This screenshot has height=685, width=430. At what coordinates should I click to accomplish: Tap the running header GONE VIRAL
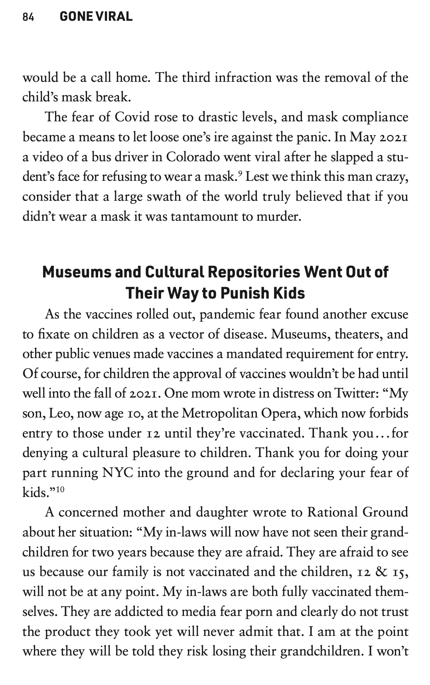coord(96,16)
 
